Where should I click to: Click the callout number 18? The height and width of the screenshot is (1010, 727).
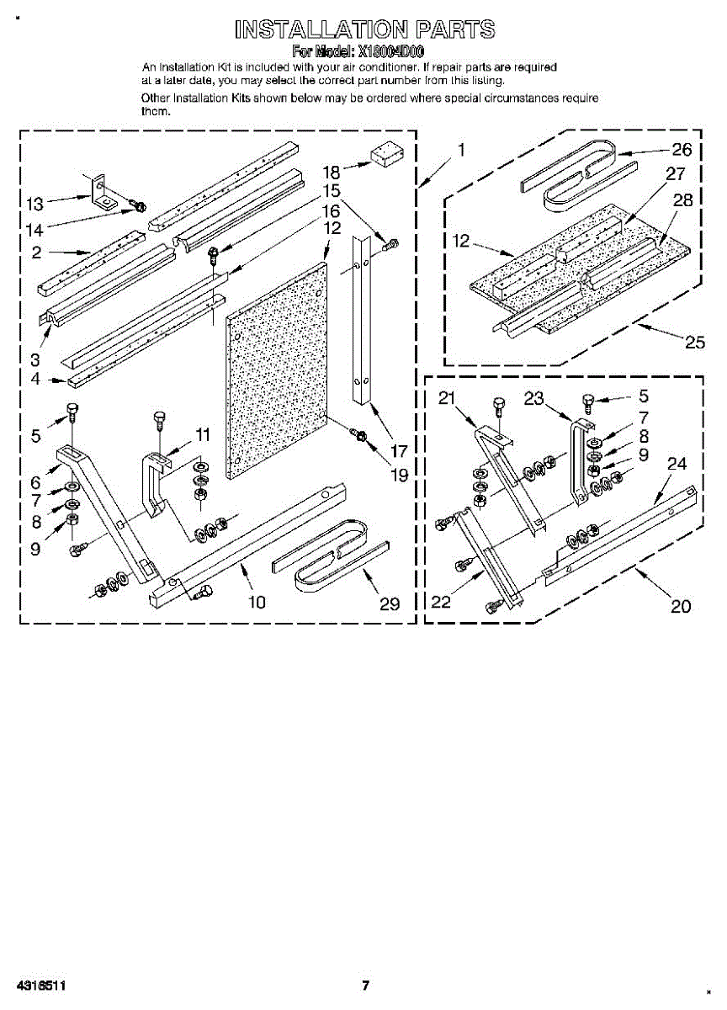(x=331, y=172)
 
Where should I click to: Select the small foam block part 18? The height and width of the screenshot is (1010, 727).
(x=387, y=155)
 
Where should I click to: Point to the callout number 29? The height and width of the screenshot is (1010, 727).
(x=390, y=603)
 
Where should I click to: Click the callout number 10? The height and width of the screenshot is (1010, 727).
(x=257, y=601)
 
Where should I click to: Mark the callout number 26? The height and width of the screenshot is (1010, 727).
(x=682, y=151)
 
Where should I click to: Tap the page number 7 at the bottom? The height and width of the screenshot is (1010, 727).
(x=365, y=986)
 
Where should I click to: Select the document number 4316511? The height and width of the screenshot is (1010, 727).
(x=40, y=986)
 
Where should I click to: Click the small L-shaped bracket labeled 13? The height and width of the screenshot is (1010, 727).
(x=103, y=194)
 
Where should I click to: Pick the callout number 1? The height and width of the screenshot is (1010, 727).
(x=461, y=151)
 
